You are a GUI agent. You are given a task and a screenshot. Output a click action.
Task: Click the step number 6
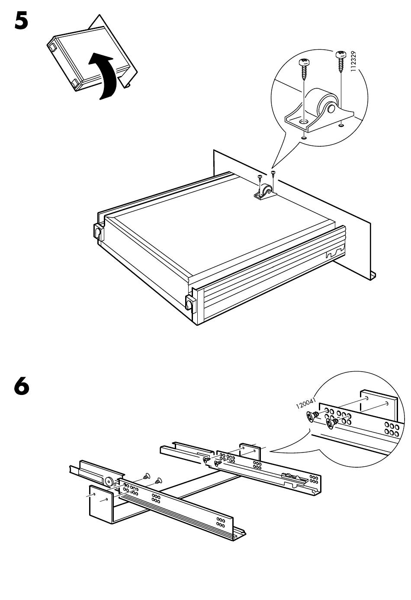(22, 387)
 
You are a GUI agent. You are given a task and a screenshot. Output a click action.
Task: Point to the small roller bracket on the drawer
(264, 192)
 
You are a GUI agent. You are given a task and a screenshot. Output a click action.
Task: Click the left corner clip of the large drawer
(97, 231)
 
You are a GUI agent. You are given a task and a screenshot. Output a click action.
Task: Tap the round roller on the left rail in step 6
(109, 481)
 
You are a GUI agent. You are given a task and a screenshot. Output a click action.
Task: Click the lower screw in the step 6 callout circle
(332, 424)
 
